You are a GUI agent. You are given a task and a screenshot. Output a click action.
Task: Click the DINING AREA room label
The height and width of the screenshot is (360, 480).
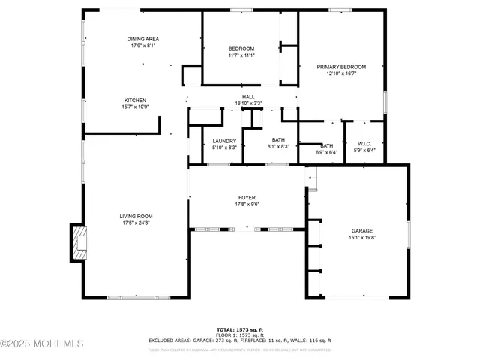[x=142, y=39]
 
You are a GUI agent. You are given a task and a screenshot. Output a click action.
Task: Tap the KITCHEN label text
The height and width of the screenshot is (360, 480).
[x=135, y=100]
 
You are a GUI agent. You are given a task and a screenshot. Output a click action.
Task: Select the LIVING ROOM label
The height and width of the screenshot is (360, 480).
[x=136, y=216]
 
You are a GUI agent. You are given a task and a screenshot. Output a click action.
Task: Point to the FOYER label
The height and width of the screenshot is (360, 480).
[x=247, y=197]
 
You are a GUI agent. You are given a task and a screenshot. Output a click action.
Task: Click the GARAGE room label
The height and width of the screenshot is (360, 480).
[x=362, y=231]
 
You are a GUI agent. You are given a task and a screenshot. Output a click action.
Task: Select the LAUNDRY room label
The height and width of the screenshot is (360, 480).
[x=224, y=141]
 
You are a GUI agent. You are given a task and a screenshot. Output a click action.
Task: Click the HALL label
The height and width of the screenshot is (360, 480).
[x=248, y=97]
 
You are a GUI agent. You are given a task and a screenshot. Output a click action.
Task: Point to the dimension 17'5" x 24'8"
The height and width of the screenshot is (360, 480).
[x=136, y=223]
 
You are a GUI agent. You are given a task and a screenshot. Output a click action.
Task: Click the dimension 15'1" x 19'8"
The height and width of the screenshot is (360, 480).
[x=362, y=238]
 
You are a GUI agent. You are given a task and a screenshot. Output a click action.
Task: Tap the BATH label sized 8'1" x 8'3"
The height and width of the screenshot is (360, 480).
[x=278, y=140]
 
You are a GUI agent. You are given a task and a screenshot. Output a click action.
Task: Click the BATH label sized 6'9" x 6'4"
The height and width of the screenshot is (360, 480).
[x=328, y=145]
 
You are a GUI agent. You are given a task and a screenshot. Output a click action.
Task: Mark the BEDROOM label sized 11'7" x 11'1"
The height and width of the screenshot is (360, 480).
[x=241, y=49]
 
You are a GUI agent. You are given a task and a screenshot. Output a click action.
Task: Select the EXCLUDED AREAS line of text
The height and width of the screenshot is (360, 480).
[x=239, y=340]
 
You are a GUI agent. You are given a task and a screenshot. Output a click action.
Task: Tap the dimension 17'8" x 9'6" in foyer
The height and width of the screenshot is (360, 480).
[x=247, y=204]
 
